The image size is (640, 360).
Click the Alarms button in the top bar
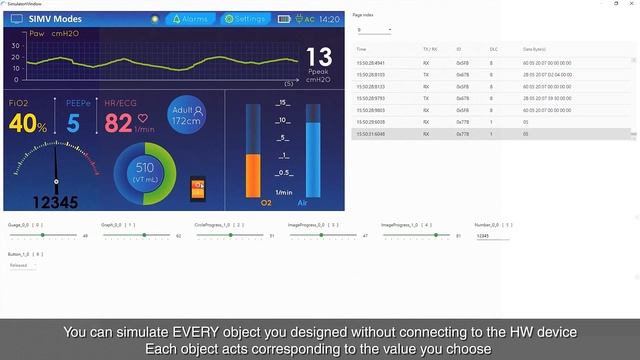[x=190, y=19]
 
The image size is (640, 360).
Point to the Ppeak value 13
[x=319, y=57]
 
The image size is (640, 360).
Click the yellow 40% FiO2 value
[x=28, y=124]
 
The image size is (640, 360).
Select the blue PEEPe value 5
[x=73, y=124]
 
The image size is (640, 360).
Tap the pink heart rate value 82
[x=119, y=123]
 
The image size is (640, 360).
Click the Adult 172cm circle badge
[x=187, y=115]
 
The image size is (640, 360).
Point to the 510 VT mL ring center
[x=145, y=171]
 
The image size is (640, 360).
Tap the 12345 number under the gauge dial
[x=55, y=201]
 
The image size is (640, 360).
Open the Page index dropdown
[x=372, y=30]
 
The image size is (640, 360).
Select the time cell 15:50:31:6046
[x=372, y=133]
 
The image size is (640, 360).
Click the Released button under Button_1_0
[x=19, y=265]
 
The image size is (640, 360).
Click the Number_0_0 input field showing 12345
[x=492, y=236]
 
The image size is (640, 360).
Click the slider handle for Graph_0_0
[x=142, y=235]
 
